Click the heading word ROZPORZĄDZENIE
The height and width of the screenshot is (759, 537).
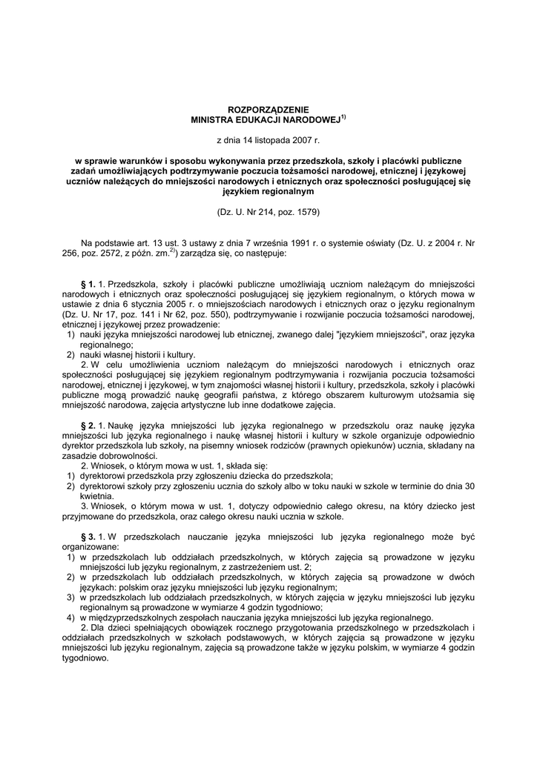tap(268, 109)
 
